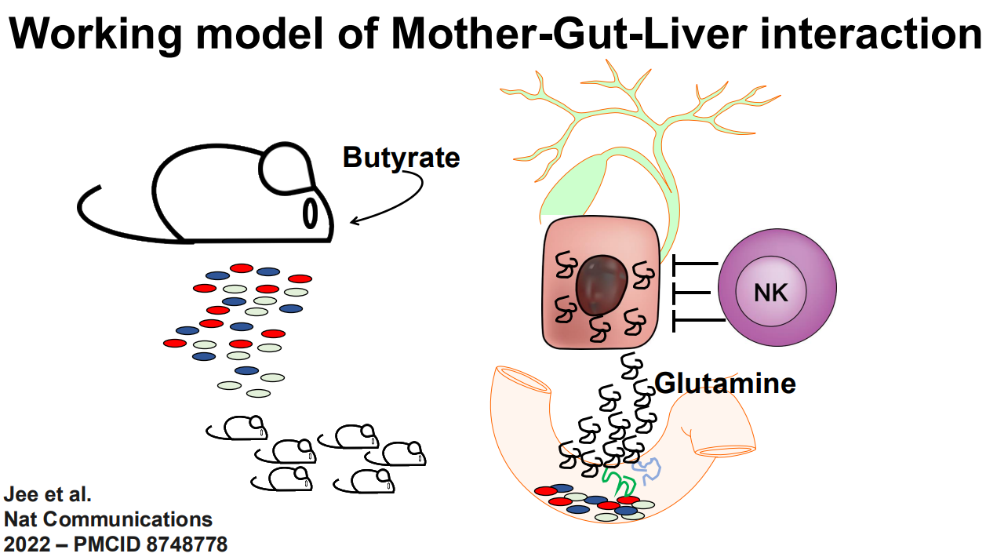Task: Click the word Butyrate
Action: tap(401, 158)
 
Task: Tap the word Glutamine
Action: tap(725, 384)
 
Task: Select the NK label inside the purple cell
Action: tap(770, 293)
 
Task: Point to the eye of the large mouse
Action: tap(311, 211)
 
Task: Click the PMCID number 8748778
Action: tap(181, 543)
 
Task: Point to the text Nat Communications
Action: tap(108, 519)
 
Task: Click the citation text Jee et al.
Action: tap(48, 495)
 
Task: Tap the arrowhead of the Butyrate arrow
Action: tap(354, 222)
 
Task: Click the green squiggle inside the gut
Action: tap(620, 479)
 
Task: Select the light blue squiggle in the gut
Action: tap(649, 469)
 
